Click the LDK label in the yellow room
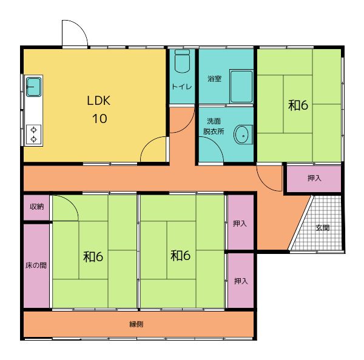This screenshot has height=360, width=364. click(x=98, y=101)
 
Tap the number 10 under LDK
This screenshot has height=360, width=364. click(x=99, y=119)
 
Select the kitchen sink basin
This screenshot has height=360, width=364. click(x=33, y=87)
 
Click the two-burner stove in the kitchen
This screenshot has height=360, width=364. click(x=33, y=135)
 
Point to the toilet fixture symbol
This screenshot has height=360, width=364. click(x=182, y=61)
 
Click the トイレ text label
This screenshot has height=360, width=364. click(x=182, y=87)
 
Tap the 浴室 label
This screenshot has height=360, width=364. click(x=214, y=79)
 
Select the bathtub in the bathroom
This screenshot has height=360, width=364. click(x=241, y=86)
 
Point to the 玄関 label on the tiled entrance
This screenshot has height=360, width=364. click(x=323, y=228)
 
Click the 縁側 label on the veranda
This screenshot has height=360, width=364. click(x=136, y=324)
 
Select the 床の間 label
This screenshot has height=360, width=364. click(x=36, y=265)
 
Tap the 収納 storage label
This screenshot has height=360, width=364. click(x=36, y=207)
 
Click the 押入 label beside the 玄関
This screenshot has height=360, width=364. click(x=314, y=178)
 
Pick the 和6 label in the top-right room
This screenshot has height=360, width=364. click(x=298, y=105)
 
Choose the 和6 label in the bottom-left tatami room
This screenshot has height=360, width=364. click(x=93, y=257)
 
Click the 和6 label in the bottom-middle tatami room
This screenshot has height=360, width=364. click(x=180, y=255)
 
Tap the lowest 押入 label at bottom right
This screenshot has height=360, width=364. click(x=241, y=281)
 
